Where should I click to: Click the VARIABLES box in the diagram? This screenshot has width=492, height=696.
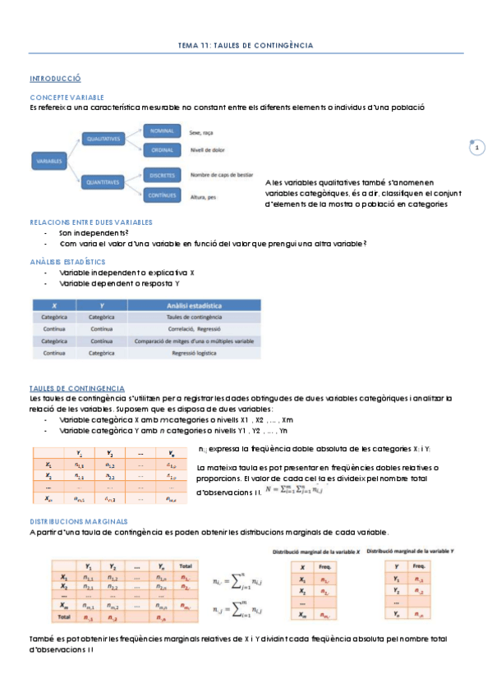pyautogui.click(x=49, y=162)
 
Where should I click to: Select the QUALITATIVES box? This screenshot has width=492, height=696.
pyautogui.click(x=103, y=140)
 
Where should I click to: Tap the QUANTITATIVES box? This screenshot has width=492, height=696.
pyautogui.click(x=103, y=181)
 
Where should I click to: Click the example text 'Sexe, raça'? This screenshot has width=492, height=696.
pyautogui.click(x=202, y=131)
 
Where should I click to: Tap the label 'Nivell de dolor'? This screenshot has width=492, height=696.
pyautogui.click(x=209, y=149)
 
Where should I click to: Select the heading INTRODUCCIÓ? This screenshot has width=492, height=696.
pyautogui.click(x=55, y=79)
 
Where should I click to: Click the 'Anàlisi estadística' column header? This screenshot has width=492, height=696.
pyautogui.click(x=195, y=304)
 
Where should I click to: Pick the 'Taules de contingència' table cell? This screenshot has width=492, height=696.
pyautogui.click(x=195, y=316)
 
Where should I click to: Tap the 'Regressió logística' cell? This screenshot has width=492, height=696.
pyautogui.click(x=195, y=353)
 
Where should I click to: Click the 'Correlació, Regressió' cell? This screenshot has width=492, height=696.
pyautogui.click(x=195, y=328)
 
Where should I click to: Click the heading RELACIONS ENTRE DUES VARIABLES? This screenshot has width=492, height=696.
pyautogui.click(x=90, y=222)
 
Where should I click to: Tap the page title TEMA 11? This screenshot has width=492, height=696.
pyautogui.click(x=246, y=46)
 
